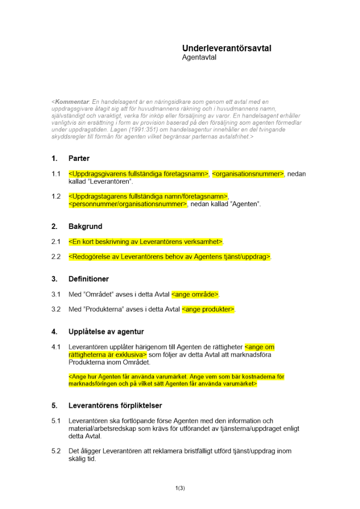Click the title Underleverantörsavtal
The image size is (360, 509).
pyautogui.click(x=227, y=48)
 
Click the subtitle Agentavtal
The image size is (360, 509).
pyautogui.click(x=199, y=58)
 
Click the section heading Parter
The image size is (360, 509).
pyautogui.click(x=79, y=159)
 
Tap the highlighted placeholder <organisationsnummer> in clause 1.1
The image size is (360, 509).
pyautogui.click(x=247, y=174)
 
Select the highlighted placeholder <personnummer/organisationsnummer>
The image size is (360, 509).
pyautogui.click(x=128, y=204)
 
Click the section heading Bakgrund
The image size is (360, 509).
pyautogui.click(x=85, y=227)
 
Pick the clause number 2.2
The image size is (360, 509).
pyautogui.click(x=56, y=257)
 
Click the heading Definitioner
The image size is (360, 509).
pyautogui.click(x=89, y=279)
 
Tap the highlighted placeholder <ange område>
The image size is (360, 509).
pyautogui.click(x=195, y=294)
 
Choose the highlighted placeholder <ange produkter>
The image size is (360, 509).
pyautogui.click(x=208, y=309)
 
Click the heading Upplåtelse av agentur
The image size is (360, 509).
pyautogui.click(x=106, y=332)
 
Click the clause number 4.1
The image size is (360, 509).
pyautogui.click(x=56, y=347)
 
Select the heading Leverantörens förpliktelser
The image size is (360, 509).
pyautogui.click(x=115, y=406)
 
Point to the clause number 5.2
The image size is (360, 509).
pyautogui.click(x=56, y=451)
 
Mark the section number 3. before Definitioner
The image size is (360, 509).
pyautogui.click(x=54, y=279)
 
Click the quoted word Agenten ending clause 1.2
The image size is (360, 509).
pyautogui.click(x=245, y=204)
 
